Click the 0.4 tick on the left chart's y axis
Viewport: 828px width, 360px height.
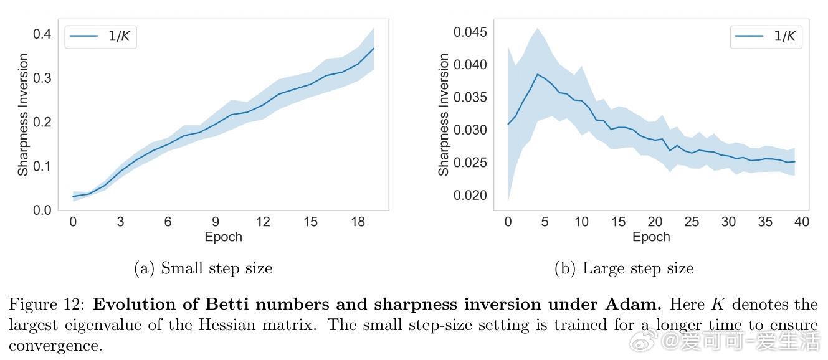pyautogui.click(x=42, y=34)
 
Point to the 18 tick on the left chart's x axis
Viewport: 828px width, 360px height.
pyautogui.click(x=358, y=222)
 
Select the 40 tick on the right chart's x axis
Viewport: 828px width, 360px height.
pyautogui.click(x=802, y=222)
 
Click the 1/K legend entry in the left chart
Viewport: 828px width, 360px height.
pyautogui.click(x=100, y=36)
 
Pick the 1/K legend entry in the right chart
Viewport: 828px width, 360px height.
pyautogui.click(x=766, y=36)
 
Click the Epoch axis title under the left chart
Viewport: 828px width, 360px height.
pyautogui.click(x=223, y=237)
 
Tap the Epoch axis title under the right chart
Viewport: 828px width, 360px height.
pyautogui.click(x=651, y=237)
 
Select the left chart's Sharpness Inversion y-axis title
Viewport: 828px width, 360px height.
pyautogui.click(x=23, y=115)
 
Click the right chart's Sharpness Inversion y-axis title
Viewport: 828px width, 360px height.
pyautogui.click(x=444, y=115)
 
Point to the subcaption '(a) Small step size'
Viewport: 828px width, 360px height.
pyautogui.click(x=203, y=268)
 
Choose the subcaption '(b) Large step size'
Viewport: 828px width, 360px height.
pyautogui.click(x=624, y=268)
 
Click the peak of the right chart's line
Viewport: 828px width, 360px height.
pyautogui.click(x=537, y=74)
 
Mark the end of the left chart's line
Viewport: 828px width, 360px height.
pyautogui.click(x=374, y=48)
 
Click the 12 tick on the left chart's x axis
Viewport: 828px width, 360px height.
pyautogui.click(x=262, y=222)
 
